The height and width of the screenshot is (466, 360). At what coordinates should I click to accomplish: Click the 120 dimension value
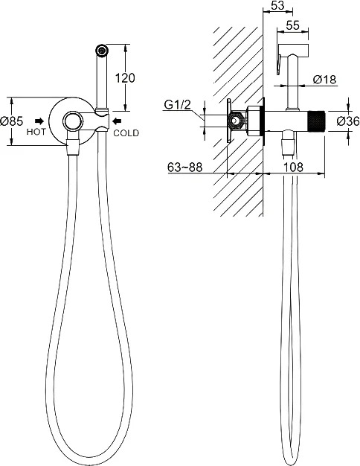(125, 78)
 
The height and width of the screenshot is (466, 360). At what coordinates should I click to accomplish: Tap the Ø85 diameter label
(12, 121)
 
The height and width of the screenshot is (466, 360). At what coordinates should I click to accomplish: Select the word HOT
(36, 132)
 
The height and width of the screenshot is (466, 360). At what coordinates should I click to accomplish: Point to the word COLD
(126, 133)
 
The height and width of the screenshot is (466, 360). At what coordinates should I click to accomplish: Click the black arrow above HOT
(39, 121)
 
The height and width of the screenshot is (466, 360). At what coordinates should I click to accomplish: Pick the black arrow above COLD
(117, 121)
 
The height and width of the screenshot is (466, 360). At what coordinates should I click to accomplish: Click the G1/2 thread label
(177, 105)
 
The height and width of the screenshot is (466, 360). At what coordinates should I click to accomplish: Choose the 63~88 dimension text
(184, 167)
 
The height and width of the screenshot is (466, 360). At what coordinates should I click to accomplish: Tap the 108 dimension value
(293, 167)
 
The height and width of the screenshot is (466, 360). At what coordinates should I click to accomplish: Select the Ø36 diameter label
(348, 121)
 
